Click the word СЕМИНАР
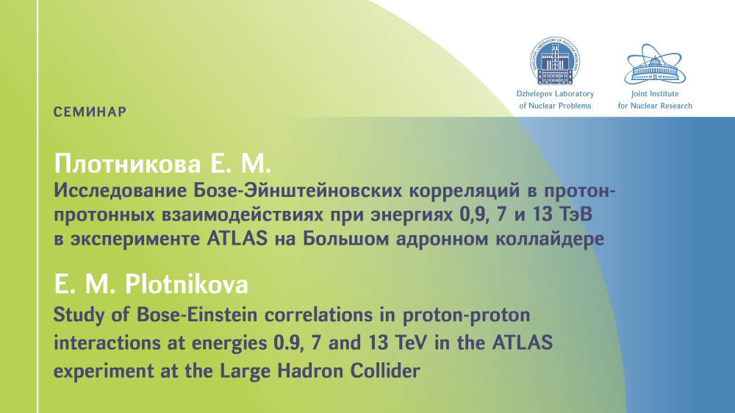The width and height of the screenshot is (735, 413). click(90, 112)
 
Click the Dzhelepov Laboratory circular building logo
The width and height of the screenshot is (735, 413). click(555, 61)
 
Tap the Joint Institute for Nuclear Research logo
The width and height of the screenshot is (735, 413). click(655, 64)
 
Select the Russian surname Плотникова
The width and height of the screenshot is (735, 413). click(127, 164)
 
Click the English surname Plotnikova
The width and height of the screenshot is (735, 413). click(187, 284)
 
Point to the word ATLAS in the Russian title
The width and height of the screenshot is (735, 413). click(237, 239)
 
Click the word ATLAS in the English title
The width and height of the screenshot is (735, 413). click(522, 342)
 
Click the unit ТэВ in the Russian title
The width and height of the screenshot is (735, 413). click(576, 215)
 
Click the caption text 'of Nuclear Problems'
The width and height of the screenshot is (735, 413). click(555, 106)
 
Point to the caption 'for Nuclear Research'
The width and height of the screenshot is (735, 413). click(655, 106)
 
